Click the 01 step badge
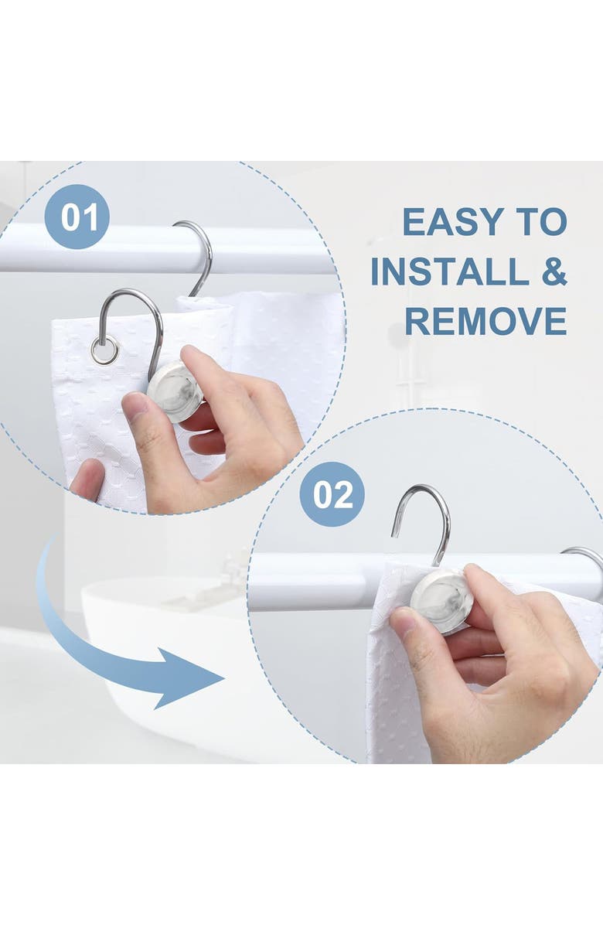[x=77, y=217]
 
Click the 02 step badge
[x=332, y=493]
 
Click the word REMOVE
[x=485, y=321]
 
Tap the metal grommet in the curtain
[x=104, y=350]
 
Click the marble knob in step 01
[x=175, y=391]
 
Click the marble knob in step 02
[x=441, y=600]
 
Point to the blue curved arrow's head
[x=189, y=678]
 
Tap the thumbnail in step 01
[x=135, y=407]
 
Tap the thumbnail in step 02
[x=404, y=620]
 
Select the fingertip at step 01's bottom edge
[x=88, y=480]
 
